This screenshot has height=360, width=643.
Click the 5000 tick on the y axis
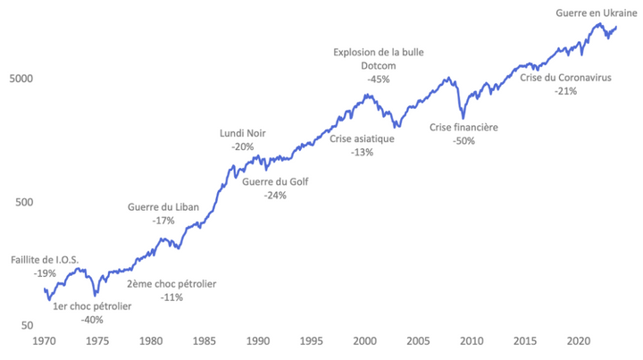21,78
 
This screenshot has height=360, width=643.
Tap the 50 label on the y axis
27,327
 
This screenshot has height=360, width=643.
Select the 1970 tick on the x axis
45,341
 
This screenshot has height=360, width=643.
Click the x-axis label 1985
205,341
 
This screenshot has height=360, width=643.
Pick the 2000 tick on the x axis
364,341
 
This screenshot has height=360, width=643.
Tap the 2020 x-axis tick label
579,341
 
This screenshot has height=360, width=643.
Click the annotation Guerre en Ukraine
589,13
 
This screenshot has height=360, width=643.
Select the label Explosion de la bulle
378,52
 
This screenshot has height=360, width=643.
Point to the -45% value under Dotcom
378,79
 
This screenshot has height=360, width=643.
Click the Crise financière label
463,128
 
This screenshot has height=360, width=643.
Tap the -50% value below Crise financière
463,141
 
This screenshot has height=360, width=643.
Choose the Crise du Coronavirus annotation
565,78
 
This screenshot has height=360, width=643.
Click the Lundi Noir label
242,134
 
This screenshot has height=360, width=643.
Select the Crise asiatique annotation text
363,139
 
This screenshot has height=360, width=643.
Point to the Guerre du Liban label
163,207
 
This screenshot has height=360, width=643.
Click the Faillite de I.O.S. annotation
45,260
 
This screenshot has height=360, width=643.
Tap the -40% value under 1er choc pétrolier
92,320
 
